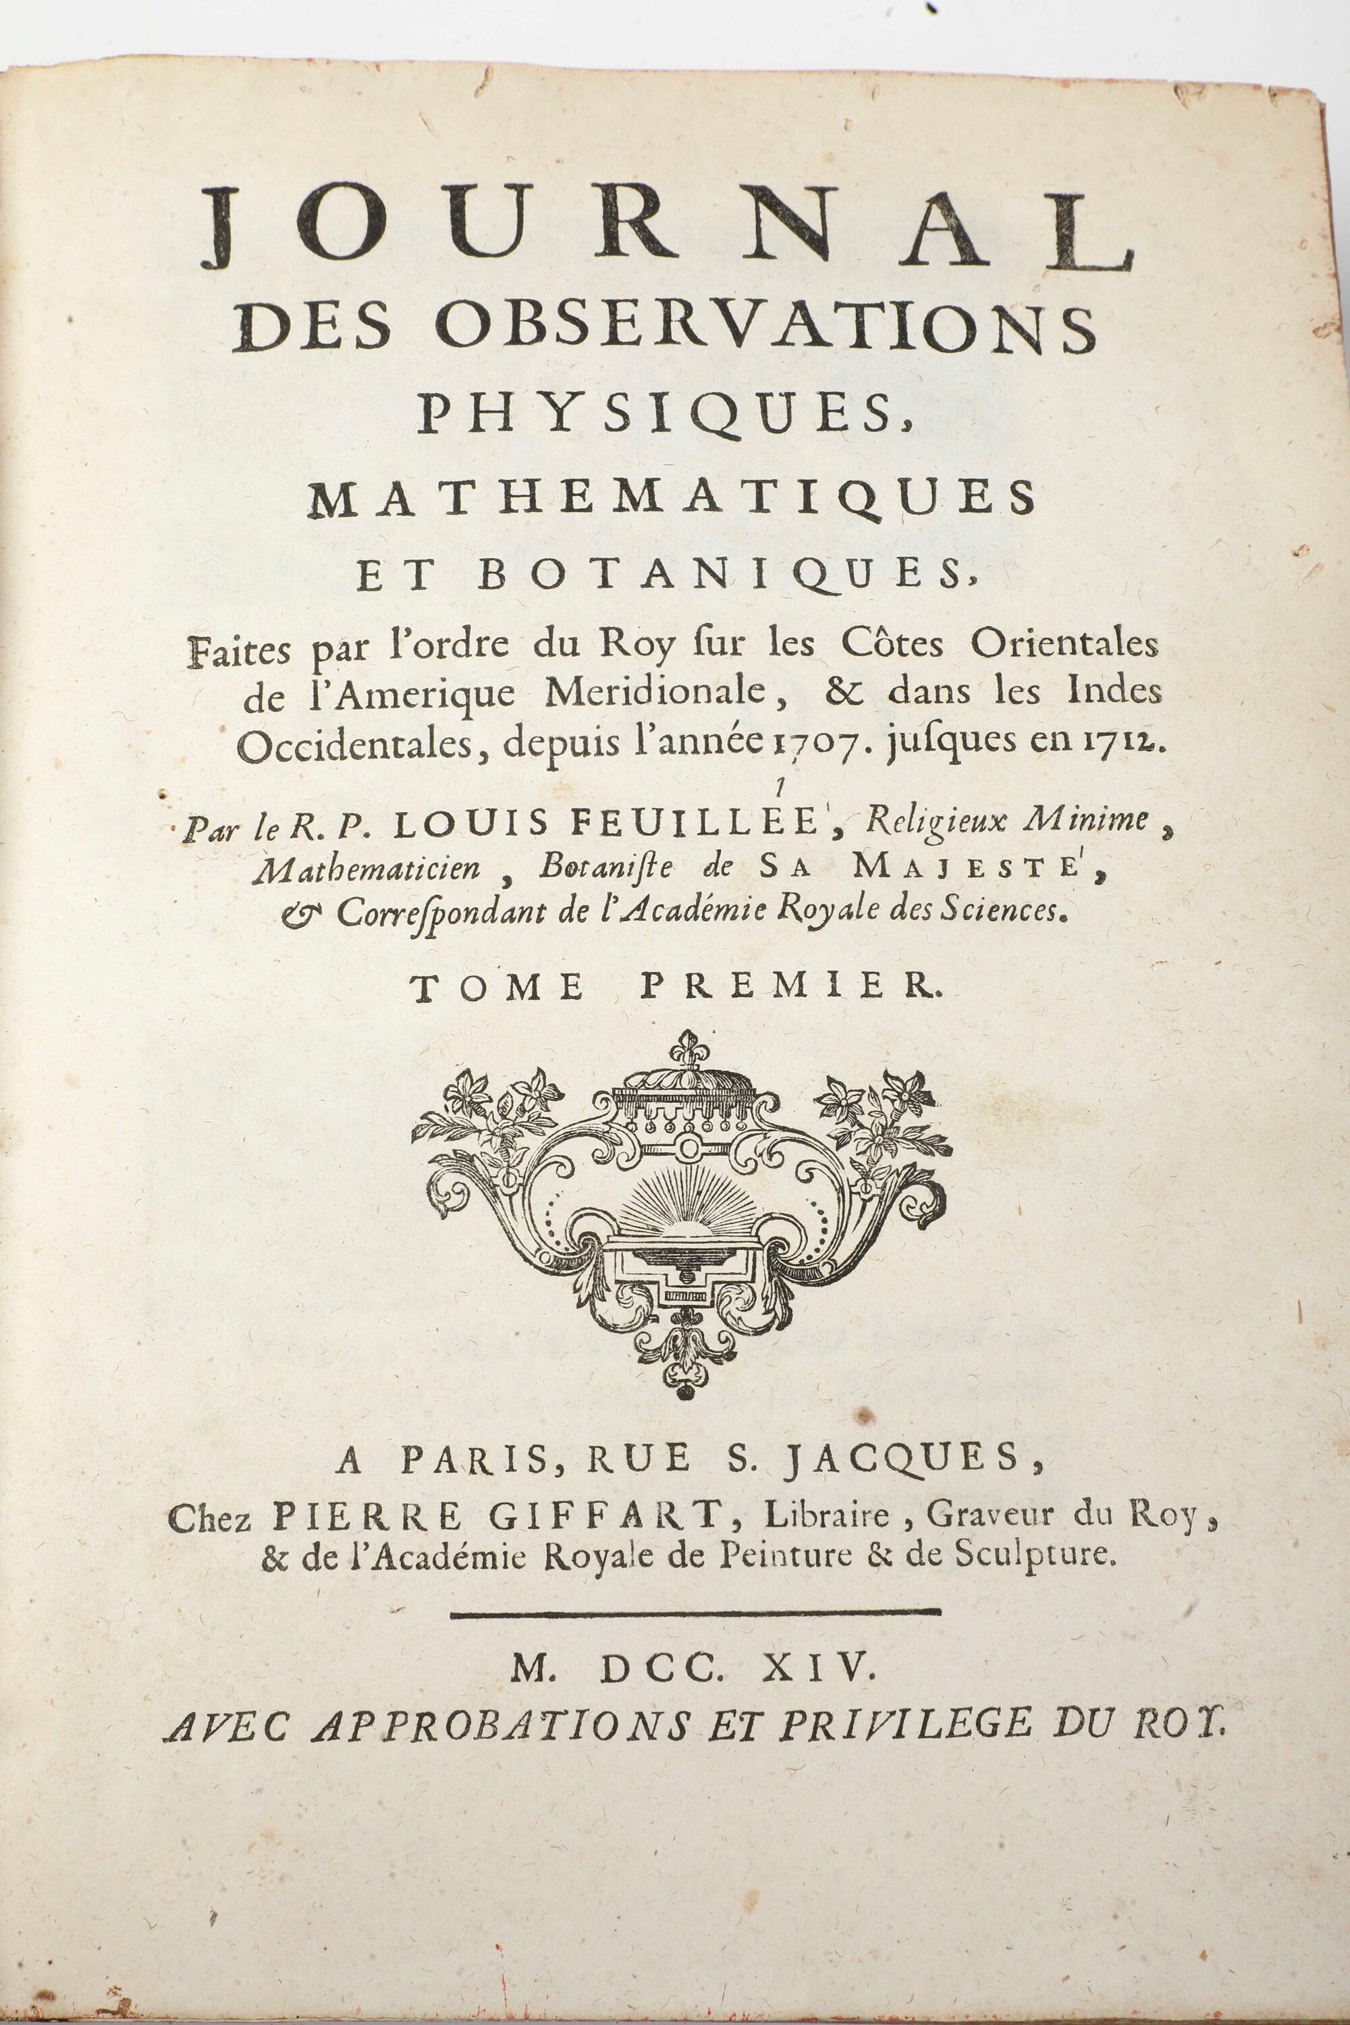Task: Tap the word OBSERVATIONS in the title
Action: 766,328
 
